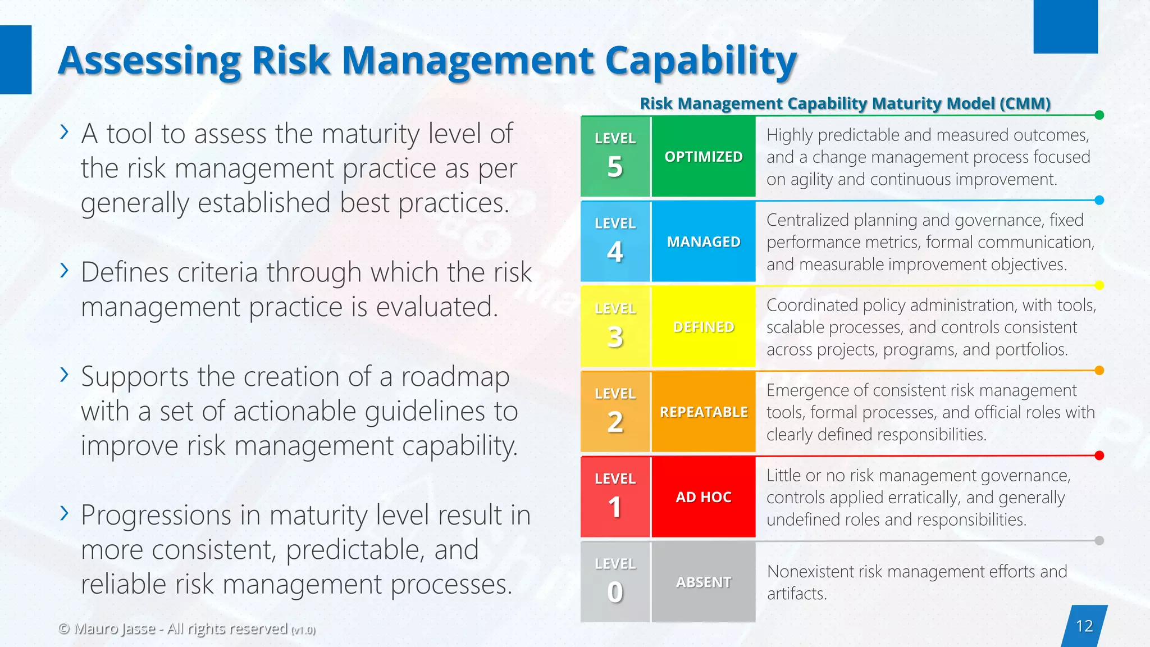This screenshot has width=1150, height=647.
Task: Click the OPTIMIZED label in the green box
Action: click(x=704, y=157)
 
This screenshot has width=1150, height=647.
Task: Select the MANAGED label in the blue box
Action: click(x=704, y=242)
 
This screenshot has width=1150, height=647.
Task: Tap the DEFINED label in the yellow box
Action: click(x=704, y=327)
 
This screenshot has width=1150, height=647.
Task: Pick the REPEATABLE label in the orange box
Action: click(x=704, y=412)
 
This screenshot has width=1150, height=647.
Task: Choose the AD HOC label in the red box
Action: click(x=704, y=497)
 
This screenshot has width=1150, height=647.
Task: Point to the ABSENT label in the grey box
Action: click(x=704, y=582)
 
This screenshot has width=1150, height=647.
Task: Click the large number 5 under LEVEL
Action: click(x=615, y=167)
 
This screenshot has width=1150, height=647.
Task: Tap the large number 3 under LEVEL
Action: click(x=615, y=338)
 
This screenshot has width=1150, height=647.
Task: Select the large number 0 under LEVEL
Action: click(x=615, y=593)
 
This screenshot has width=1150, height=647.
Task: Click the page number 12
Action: click(x=1084, y=626)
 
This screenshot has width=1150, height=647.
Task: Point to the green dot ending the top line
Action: click(x=1099, y=115)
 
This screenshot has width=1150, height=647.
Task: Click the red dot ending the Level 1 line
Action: click(x=1099, y=455)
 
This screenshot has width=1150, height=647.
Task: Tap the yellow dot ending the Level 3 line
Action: click(x=1099, y=285)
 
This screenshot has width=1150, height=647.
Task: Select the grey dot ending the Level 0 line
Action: click(x=1099, y=541)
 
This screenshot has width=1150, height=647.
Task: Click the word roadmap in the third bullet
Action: click(x=455, y=376)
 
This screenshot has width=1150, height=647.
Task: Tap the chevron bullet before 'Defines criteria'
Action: click(x=65, y=271)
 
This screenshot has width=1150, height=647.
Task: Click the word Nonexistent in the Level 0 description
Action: click(x=810, y=572)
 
